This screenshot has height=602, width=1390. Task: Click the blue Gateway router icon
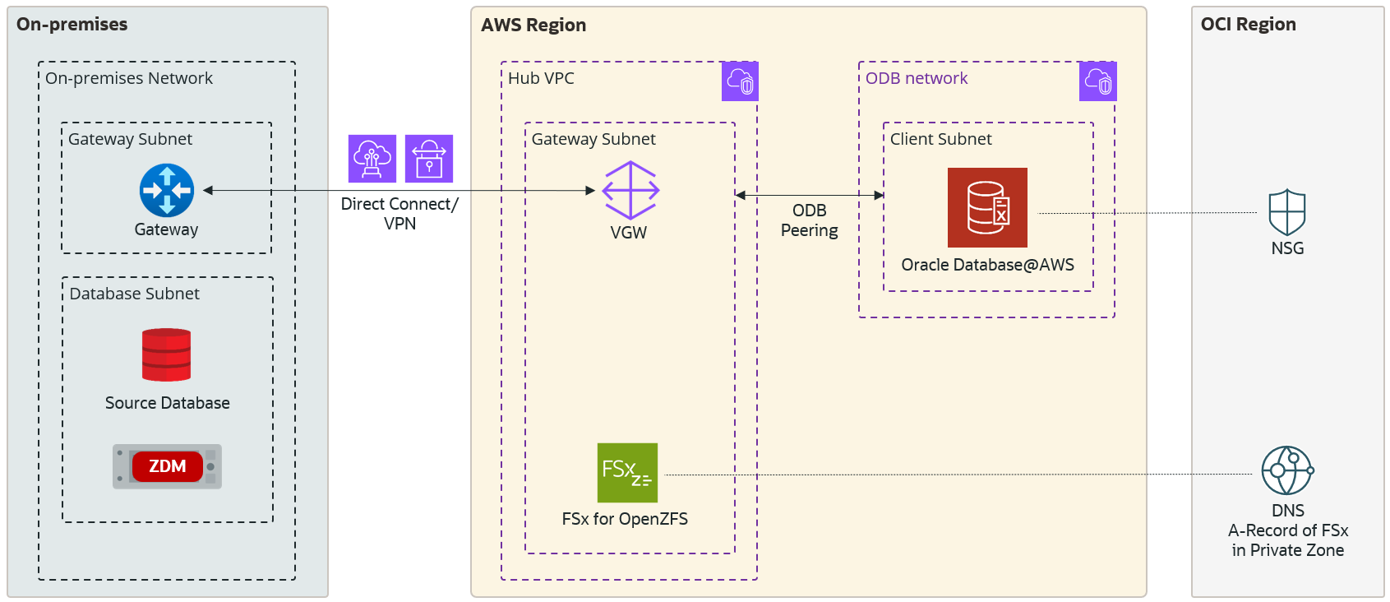[x=167, y=190]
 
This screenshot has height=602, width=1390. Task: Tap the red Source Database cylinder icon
[x=166, y=355]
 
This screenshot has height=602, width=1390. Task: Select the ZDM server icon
[x=167, y=466]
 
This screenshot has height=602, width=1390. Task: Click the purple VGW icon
[x=630, y=190]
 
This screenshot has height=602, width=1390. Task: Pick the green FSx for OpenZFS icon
[x=627, y=473]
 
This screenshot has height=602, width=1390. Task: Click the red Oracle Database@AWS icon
[x=987, y=207]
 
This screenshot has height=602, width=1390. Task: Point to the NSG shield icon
[x=1287, y=213]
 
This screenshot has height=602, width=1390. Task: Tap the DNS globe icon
[x=1287, y=470]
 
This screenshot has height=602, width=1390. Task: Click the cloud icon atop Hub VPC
[x=740, y=81]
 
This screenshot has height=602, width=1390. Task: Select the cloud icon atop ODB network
[x=1097, y=81]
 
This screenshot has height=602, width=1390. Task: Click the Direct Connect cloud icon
[x=372, y=159]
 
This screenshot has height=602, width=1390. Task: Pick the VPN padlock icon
[x=429, y=159]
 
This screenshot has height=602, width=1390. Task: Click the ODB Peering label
[x=810, y=220]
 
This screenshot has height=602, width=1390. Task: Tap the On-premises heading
[x=72, y=25]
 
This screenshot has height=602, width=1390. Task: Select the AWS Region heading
[x=533, y=25]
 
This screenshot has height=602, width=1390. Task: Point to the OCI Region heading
[x=1248, y=25]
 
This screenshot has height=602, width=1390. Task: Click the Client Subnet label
[x=940, y=139]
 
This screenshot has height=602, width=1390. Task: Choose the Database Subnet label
[x=134, y=294]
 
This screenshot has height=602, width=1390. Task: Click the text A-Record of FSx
[x=1288, y=530]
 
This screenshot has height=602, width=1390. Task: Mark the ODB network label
[x=917, y=78]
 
